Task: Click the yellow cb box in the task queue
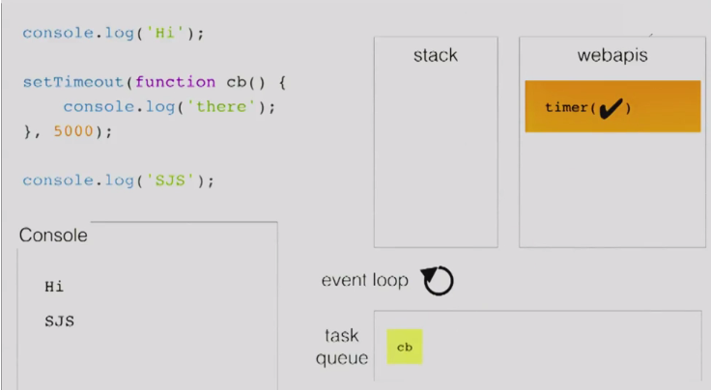405,347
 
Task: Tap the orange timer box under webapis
612,106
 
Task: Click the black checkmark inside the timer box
611,107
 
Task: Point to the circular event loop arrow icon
439,281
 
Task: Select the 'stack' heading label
435,55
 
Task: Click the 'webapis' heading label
612,55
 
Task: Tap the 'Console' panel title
53,236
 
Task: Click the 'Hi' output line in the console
54,287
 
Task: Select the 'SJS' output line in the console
59,321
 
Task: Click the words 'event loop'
365,281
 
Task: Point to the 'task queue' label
343,348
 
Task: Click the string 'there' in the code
221,106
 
